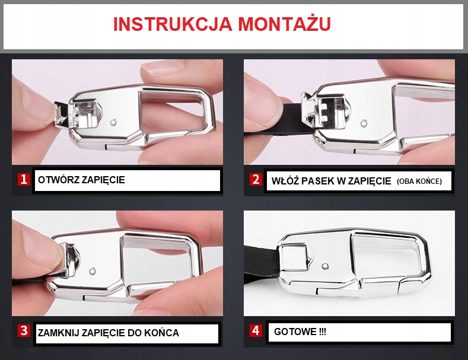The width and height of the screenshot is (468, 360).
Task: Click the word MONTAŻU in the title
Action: pos(284,24)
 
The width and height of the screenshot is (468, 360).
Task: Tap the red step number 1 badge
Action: pos(23,179)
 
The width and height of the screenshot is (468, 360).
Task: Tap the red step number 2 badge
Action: pos(256,179)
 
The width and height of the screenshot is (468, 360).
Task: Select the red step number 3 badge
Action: pos(23,331)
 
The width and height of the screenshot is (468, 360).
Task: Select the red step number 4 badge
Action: pos(256,331)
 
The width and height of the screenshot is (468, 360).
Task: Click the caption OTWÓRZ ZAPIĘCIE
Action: pos(81,180)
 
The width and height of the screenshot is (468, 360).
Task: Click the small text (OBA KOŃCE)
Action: pos(419,181)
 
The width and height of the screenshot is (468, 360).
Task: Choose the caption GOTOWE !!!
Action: pos(300,332)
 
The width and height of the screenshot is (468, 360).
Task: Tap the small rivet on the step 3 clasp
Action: pos(93,272)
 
